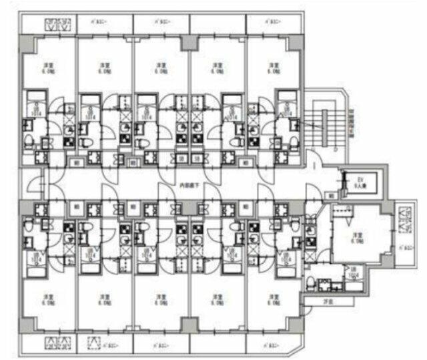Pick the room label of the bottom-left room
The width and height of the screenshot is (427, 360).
(47, 299)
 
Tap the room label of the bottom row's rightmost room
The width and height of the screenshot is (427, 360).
(273, 299)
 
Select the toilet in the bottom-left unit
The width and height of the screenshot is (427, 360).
(27, 226)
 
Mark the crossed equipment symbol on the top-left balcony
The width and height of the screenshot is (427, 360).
(57, 25)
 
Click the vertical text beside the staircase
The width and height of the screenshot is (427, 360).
(352, 124)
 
